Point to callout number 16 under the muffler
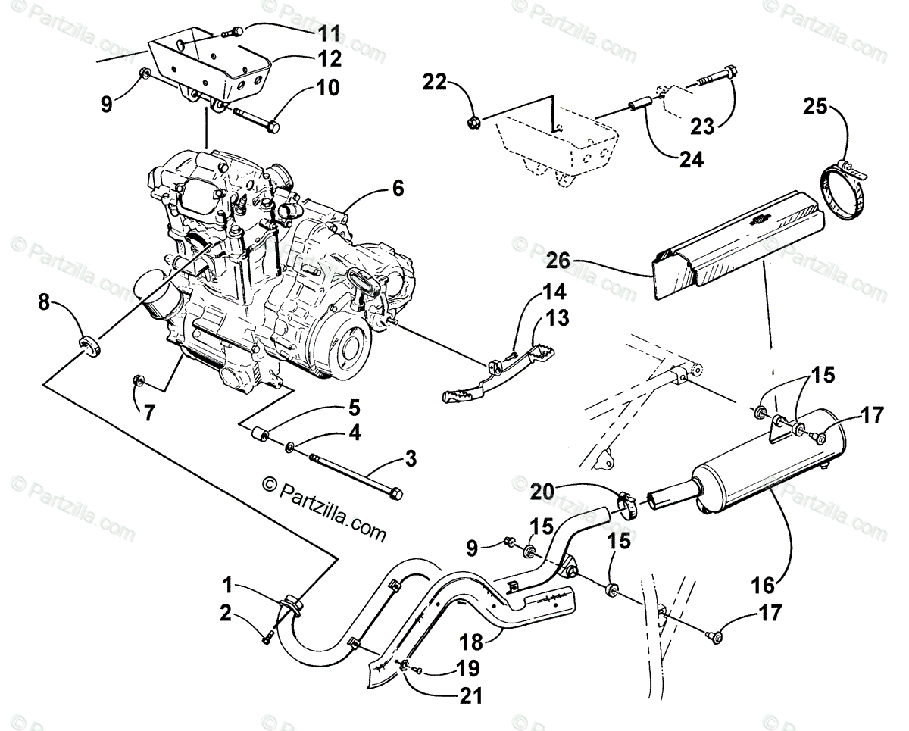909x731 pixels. (x=764, y=585)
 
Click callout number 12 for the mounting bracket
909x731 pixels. (x=330, y=58)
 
